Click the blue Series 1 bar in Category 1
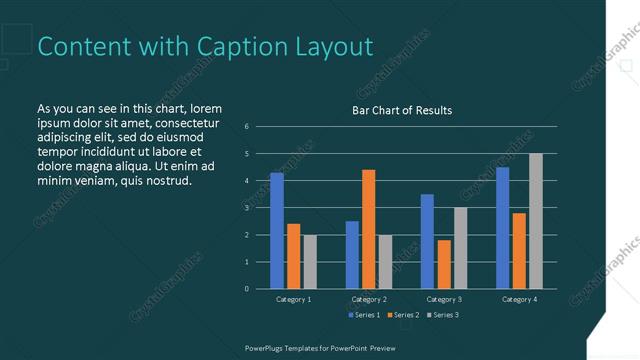point(277,231)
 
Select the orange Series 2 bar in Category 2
point(369,229)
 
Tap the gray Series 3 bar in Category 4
point(536,221)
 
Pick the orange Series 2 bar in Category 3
point(444,264)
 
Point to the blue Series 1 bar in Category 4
point(502,228)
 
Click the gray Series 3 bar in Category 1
point(310,262)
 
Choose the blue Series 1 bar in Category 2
point(352,255)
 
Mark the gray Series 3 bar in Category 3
point(460,248)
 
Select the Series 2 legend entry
point(402,315)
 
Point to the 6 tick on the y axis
point(247,127)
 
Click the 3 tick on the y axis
point(247,208)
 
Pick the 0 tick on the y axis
point(247,289)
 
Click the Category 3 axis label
point(443,299)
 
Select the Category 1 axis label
point(293,299)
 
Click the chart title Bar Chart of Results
point(402,110)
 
